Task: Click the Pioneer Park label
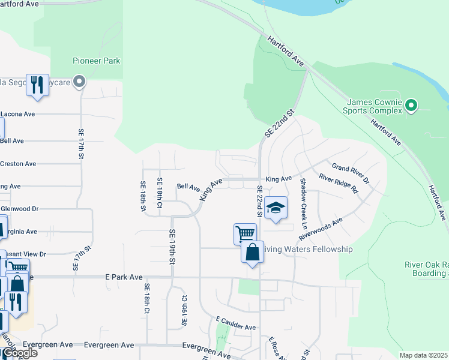click(96, 61)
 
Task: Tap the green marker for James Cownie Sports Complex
click(411, 106)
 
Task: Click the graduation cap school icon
click(276, 208)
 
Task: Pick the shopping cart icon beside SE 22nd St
click(245, 233)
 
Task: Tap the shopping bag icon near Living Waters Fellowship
click(253, 251)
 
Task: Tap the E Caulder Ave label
click(236, 324)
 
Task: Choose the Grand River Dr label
click(351, 173)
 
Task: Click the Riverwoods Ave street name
click(330, 228)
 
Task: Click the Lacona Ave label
click(17, 113)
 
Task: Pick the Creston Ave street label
click(18, 163)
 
